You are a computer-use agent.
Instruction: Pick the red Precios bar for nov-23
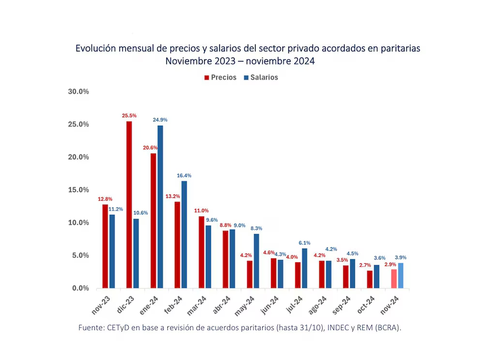tap(105, 246)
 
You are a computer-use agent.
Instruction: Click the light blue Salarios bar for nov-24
tap(401, 276)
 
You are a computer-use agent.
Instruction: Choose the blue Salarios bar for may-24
tap(256, 261)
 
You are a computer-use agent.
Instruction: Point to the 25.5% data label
tap(129, 116)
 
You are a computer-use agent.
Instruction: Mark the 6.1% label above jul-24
tap(304, 243)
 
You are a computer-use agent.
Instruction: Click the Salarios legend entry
tap(261, 77)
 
